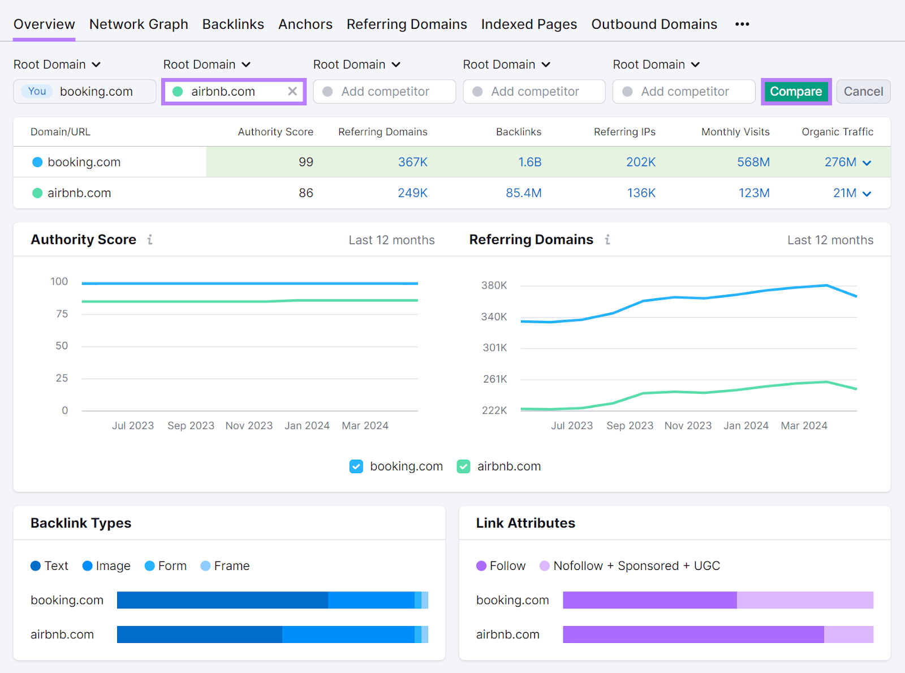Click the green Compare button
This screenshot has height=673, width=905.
795,92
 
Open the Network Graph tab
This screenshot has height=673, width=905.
139,24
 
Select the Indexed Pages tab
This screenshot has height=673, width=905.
529,24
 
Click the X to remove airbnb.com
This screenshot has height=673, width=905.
292,92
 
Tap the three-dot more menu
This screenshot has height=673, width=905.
742,24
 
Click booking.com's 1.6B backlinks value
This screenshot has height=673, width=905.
529,162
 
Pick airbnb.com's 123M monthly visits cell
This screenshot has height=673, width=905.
753,193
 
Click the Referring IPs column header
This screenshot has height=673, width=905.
624,132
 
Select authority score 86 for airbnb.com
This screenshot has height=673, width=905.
305,193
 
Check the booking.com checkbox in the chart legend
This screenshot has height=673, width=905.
356,466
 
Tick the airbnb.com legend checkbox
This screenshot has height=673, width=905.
464,466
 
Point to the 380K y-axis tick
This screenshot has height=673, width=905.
494,285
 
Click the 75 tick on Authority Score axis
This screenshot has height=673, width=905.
62,314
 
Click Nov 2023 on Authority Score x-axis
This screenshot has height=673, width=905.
249,426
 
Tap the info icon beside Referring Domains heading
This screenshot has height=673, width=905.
607,240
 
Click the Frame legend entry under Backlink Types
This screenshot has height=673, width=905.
225,566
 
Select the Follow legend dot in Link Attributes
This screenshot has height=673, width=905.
481,566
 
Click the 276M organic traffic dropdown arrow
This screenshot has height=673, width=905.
867,163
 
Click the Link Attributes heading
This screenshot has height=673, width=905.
525,523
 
